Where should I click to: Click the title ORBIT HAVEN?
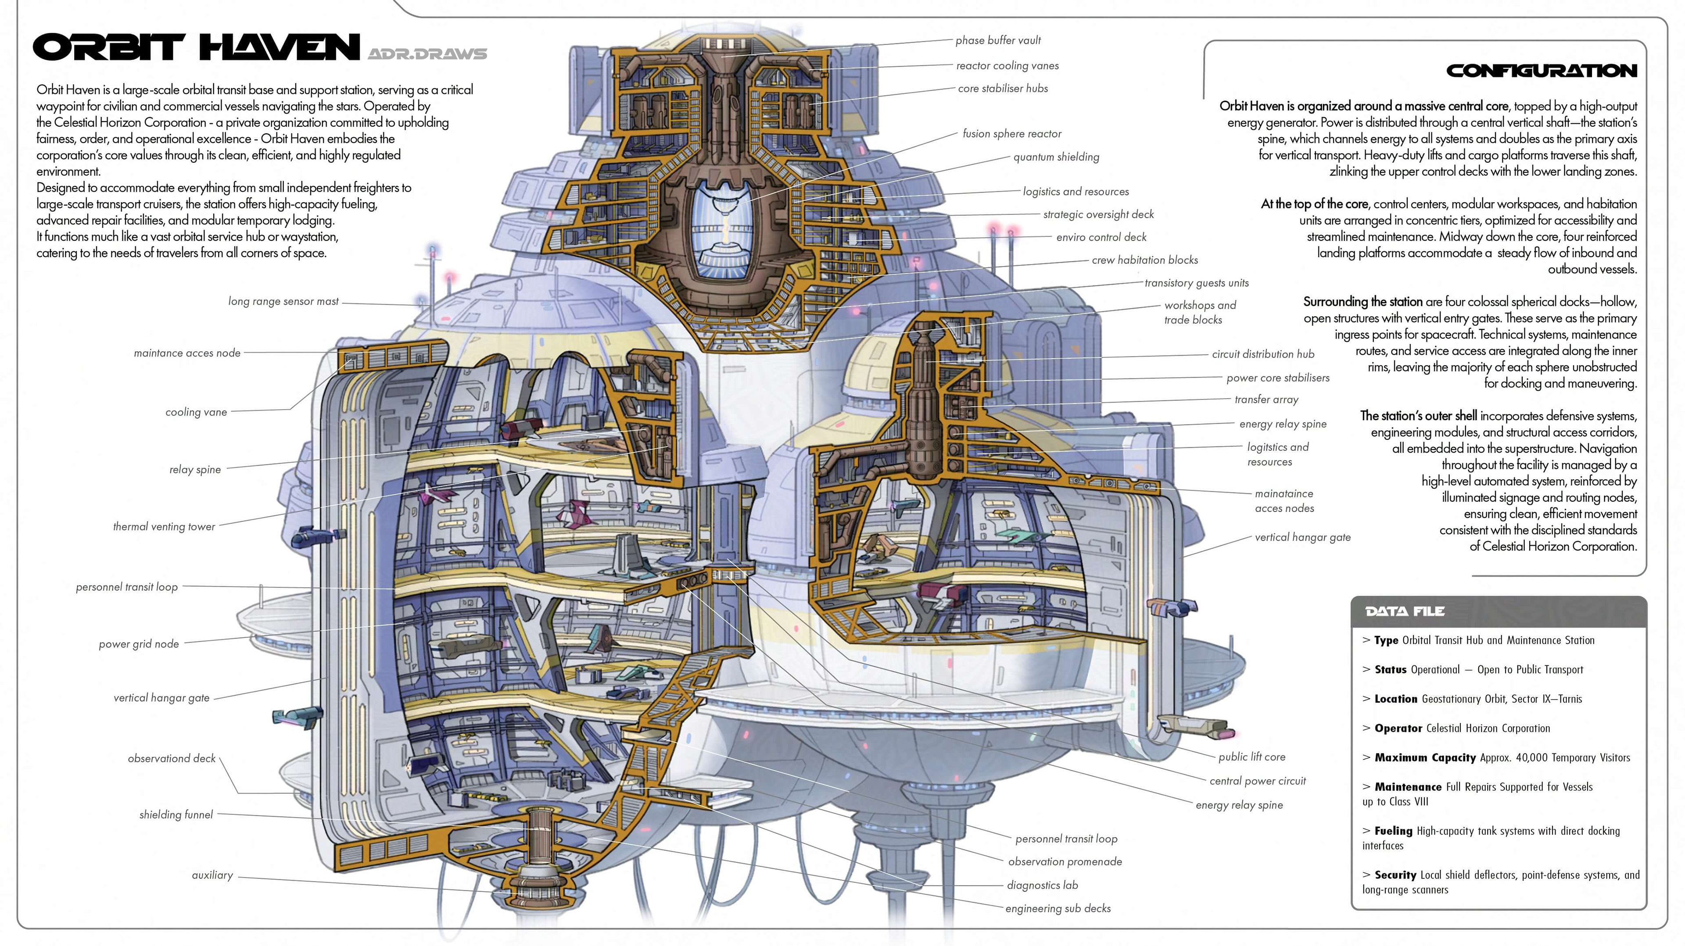tap(196, 47)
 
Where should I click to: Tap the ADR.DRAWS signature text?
tap(427, 54)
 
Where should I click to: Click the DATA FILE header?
tap(1405, 611)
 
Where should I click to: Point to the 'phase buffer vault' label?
tap(997, 40)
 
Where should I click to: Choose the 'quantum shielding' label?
tap(1056, 157)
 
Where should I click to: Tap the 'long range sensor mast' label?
tap(283, 301)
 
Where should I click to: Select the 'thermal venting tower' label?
tap(164, 527)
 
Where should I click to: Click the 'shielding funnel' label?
tap(176, 814)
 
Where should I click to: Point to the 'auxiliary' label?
tap(212, 875)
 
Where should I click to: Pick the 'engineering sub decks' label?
tap(1058, 909)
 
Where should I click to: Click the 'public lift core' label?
tap(1251, 757)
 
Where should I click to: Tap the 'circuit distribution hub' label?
tap(1262, 354)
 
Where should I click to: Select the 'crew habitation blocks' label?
tap(1145, 260)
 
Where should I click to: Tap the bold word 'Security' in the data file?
tap(1395, 875)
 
